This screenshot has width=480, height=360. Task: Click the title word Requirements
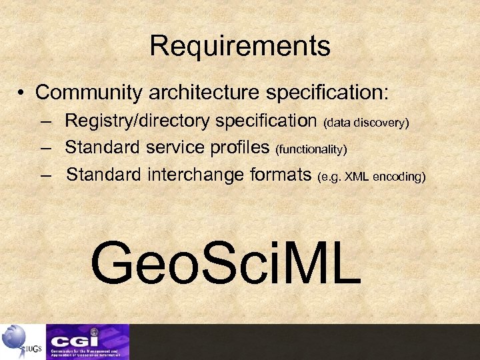[240, 46]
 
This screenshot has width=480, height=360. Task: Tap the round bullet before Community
[23, 92]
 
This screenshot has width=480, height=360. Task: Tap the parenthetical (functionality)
[311, 148]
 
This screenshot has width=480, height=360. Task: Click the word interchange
[194, 175]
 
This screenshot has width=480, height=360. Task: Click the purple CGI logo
[87, 341]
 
